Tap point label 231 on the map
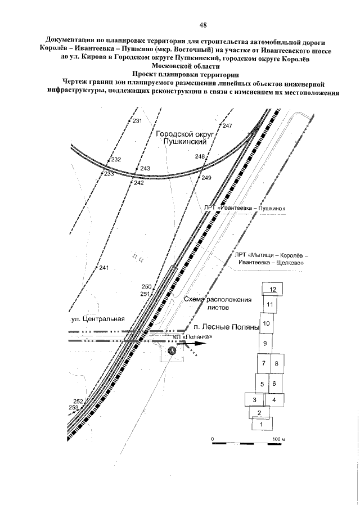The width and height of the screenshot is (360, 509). point(137,121)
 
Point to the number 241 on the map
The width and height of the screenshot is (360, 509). point(103,268)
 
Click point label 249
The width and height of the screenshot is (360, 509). point(205,178)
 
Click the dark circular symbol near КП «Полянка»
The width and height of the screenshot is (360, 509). point(173,350)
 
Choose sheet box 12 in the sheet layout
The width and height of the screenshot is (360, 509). point(273,289)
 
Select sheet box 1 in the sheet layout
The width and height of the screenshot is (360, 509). point(262,424)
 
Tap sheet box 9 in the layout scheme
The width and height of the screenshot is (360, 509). point(265,343)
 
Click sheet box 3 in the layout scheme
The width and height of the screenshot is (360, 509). point(255,400)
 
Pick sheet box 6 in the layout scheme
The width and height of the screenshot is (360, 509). point(274,384)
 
